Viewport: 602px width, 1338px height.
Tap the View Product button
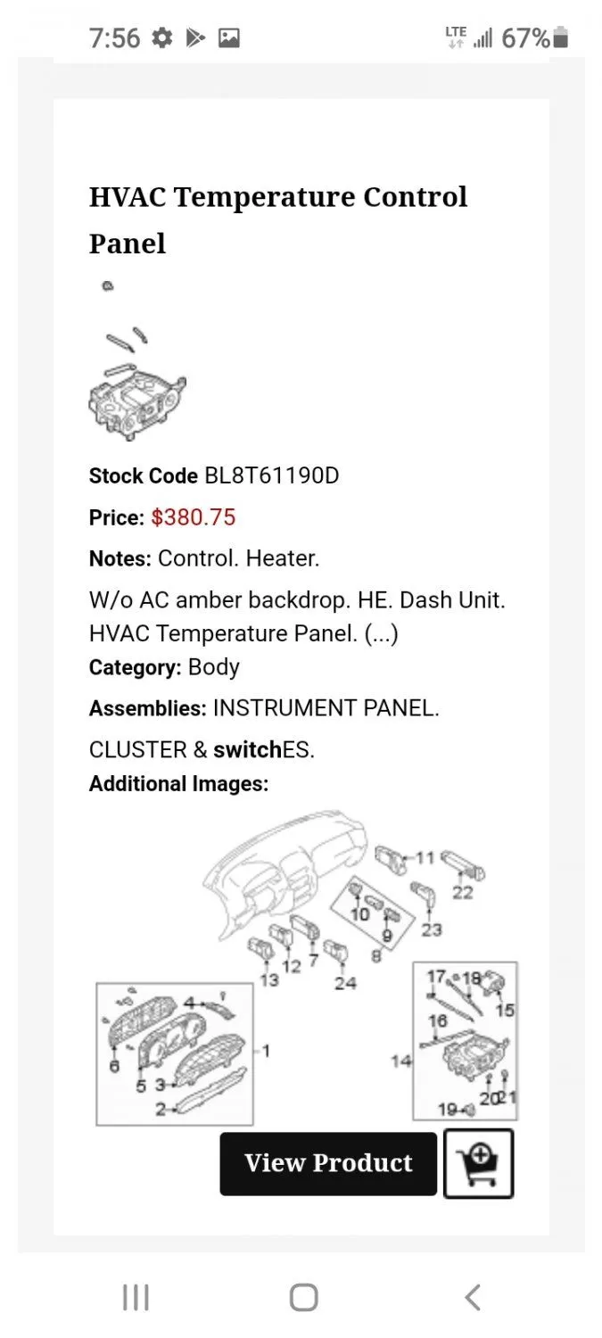(x=328, y=1163)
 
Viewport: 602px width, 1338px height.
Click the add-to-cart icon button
(x=478, y=1163)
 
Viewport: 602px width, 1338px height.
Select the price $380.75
(x=194, y=517)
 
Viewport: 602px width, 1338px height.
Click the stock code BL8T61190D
(x=272, y=476)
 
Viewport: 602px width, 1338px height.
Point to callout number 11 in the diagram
(x=425, y=858)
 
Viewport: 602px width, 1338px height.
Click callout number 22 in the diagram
(x=463, y=892)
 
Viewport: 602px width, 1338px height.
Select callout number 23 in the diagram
(x=432, y=929)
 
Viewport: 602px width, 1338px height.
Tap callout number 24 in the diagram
(x=345, y=983)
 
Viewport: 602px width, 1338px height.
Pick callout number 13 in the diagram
(x=269, y=980)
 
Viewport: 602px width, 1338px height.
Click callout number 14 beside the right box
(x=401, y=1061)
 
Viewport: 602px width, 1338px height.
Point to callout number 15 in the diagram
(x=506, y=1010)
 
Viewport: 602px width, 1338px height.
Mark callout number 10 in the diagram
(x=360, y=914)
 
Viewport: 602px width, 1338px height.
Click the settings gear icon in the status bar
(x=161, y=38)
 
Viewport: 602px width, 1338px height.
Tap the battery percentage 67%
(x=525, y=38)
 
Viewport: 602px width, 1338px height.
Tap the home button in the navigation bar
(x=303, y=1297)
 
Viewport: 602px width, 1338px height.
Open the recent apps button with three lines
(x=136, y=1297)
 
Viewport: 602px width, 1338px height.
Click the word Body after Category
(x=214, y=666)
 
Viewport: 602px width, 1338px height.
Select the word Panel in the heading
(x=128, y=244)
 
